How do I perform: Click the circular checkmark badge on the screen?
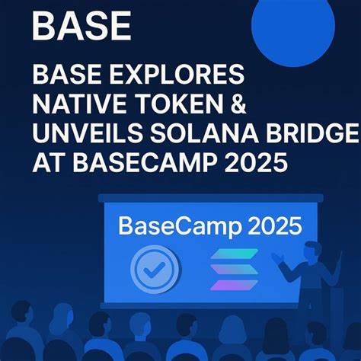pyautogui.click(x=155, y=269)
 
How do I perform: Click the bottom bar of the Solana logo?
pyautogui.click(x=235, y=285)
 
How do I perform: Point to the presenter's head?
pyautogui.click(x=312, y=251)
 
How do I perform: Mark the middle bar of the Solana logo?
pyautogui.click(x=235, y=270)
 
